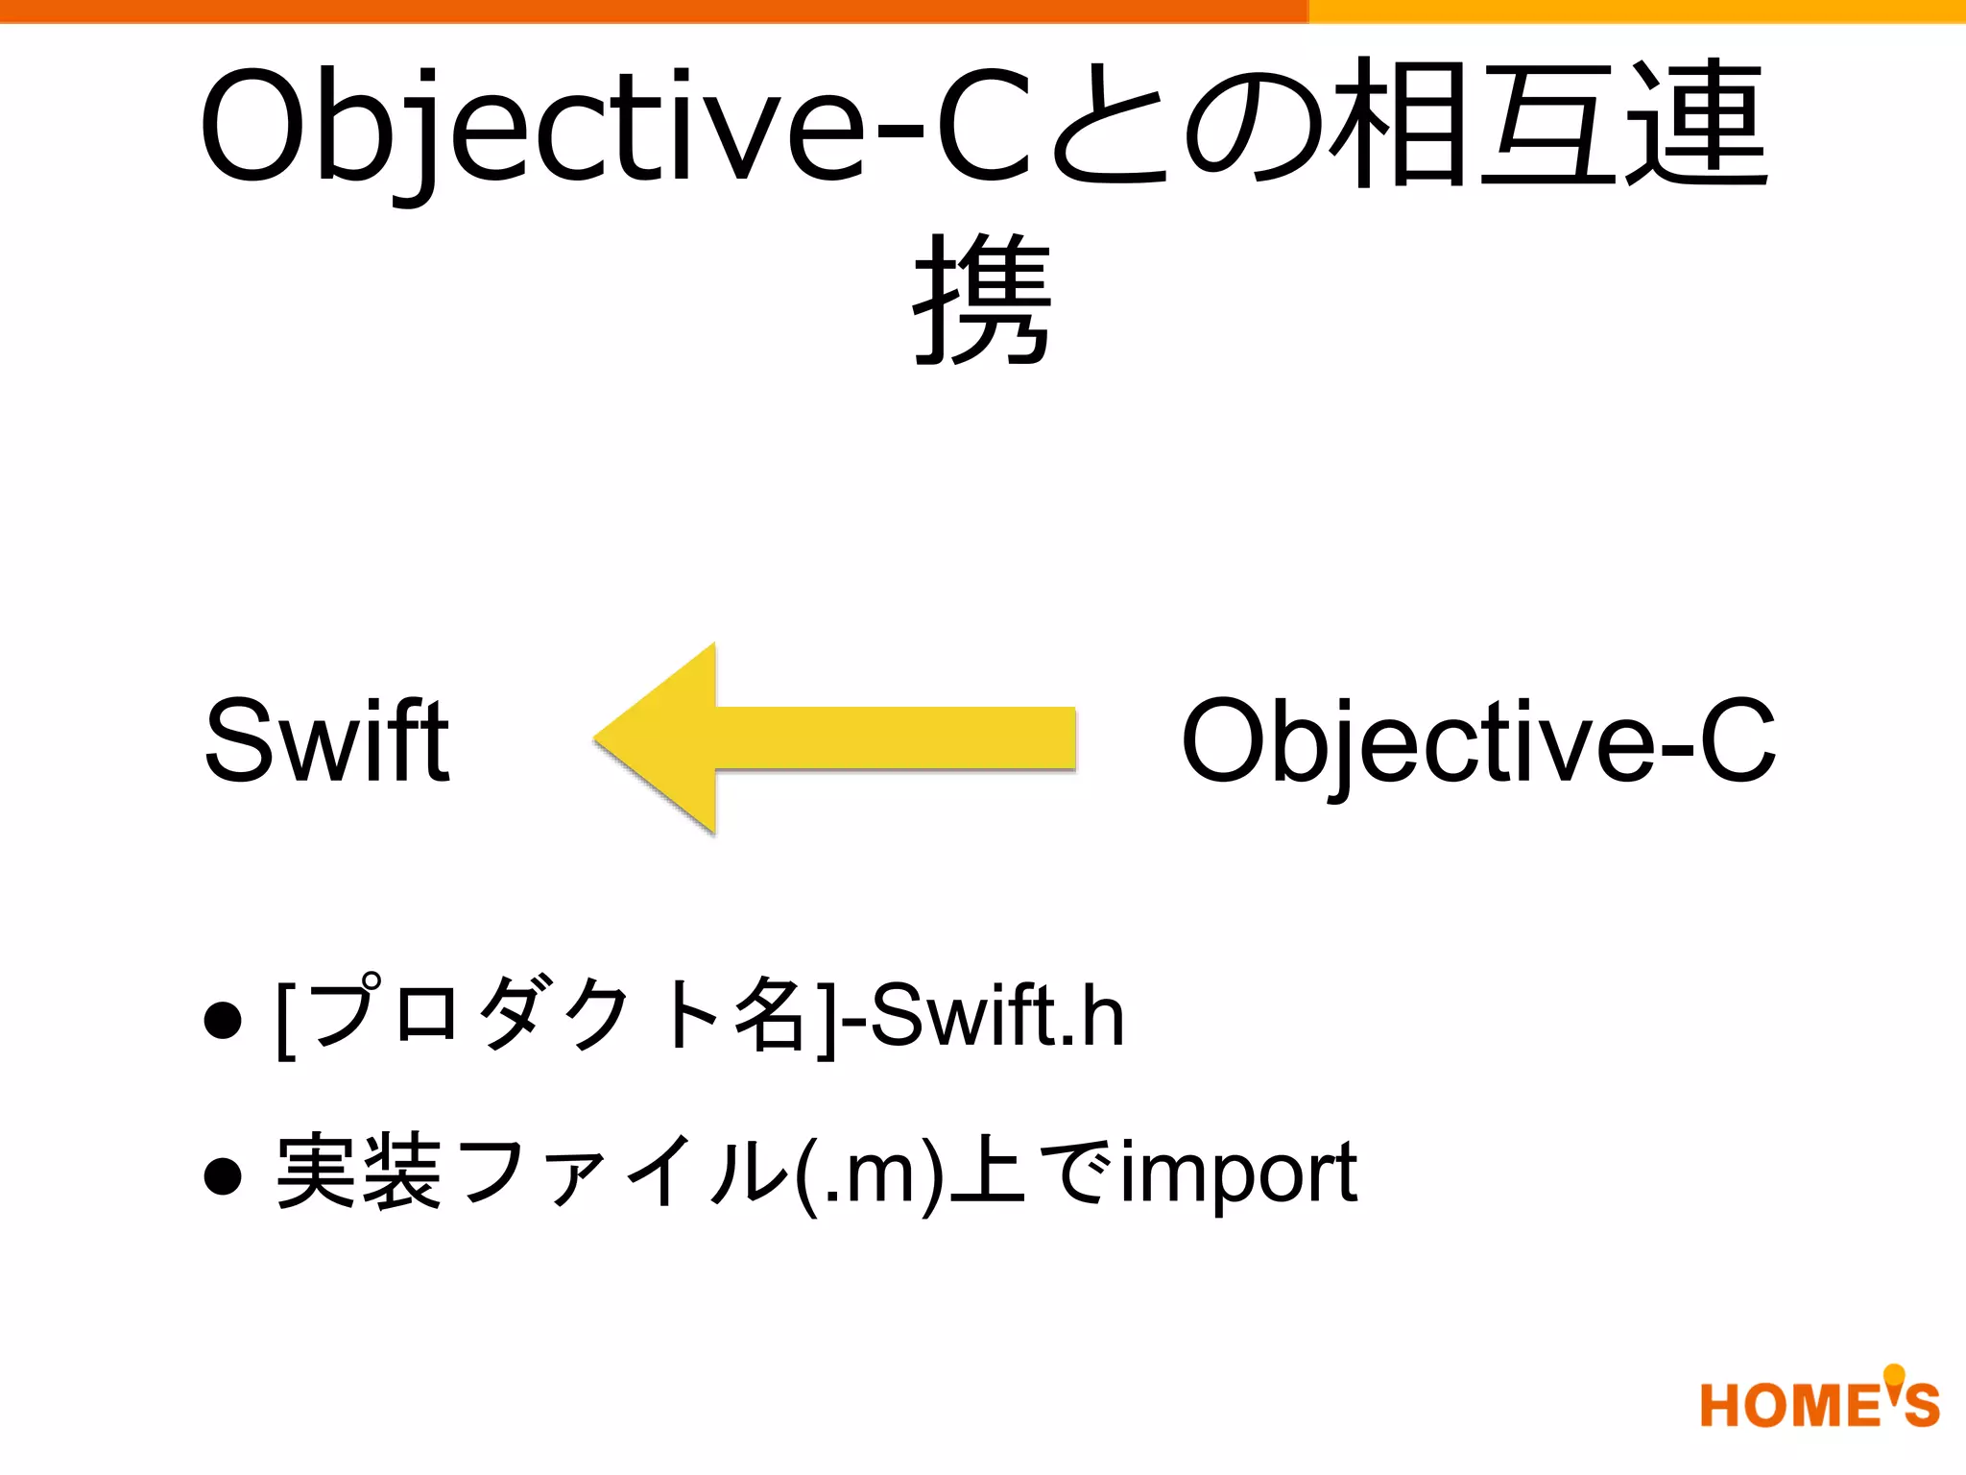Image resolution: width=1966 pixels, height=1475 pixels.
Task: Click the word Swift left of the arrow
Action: coord(326,740)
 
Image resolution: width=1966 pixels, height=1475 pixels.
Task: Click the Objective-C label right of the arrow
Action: coord(1478,740)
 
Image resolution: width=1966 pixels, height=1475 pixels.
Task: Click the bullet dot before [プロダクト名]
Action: coord(223,1019)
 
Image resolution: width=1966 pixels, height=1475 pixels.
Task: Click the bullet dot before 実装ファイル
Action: coord(223,1175)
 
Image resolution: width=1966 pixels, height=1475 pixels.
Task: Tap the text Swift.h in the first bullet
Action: coord(998,1016)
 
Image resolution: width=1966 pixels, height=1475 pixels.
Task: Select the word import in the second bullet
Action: coord(1238,1173)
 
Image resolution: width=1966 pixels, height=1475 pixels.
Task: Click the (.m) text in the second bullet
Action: coord(869,1173)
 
